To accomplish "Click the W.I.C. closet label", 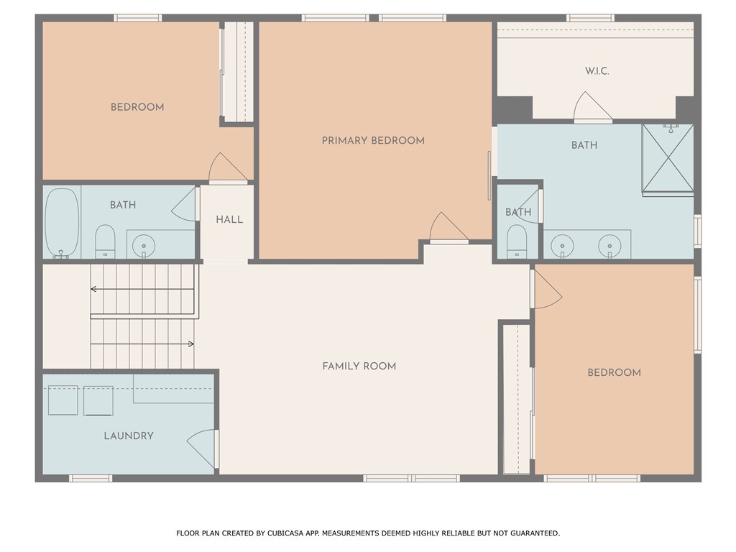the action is tap(597, 71).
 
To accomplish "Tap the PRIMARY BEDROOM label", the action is tap(373, 140).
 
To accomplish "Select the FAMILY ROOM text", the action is tap(359, 366).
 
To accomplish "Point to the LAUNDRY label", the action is tap(129, 436).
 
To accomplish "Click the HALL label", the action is tap(229, 219).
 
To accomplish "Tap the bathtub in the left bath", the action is tap(62, 223).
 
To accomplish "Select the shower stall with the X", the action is tap(668, 159).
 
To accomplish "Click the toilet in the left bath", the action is tap(105, 241).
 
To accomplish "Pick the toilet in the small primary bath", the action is tap(517, 241).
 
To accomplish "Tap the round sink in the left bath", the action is tap(144, 246).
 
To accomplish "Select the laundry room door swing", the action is tap(202, 448).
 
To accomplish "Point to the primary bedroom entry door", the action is tap(448, 228).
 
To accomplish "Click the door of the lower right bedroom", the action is tap(547, 290).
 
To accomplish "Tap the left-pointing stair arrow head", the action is tap(93, 289).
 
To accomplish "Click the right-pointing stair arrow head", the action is tap(191, 344).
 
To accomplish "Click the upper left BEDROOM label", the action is tap(137, 107).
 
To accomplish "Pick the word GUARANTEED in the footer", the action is tap(535, 533).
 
